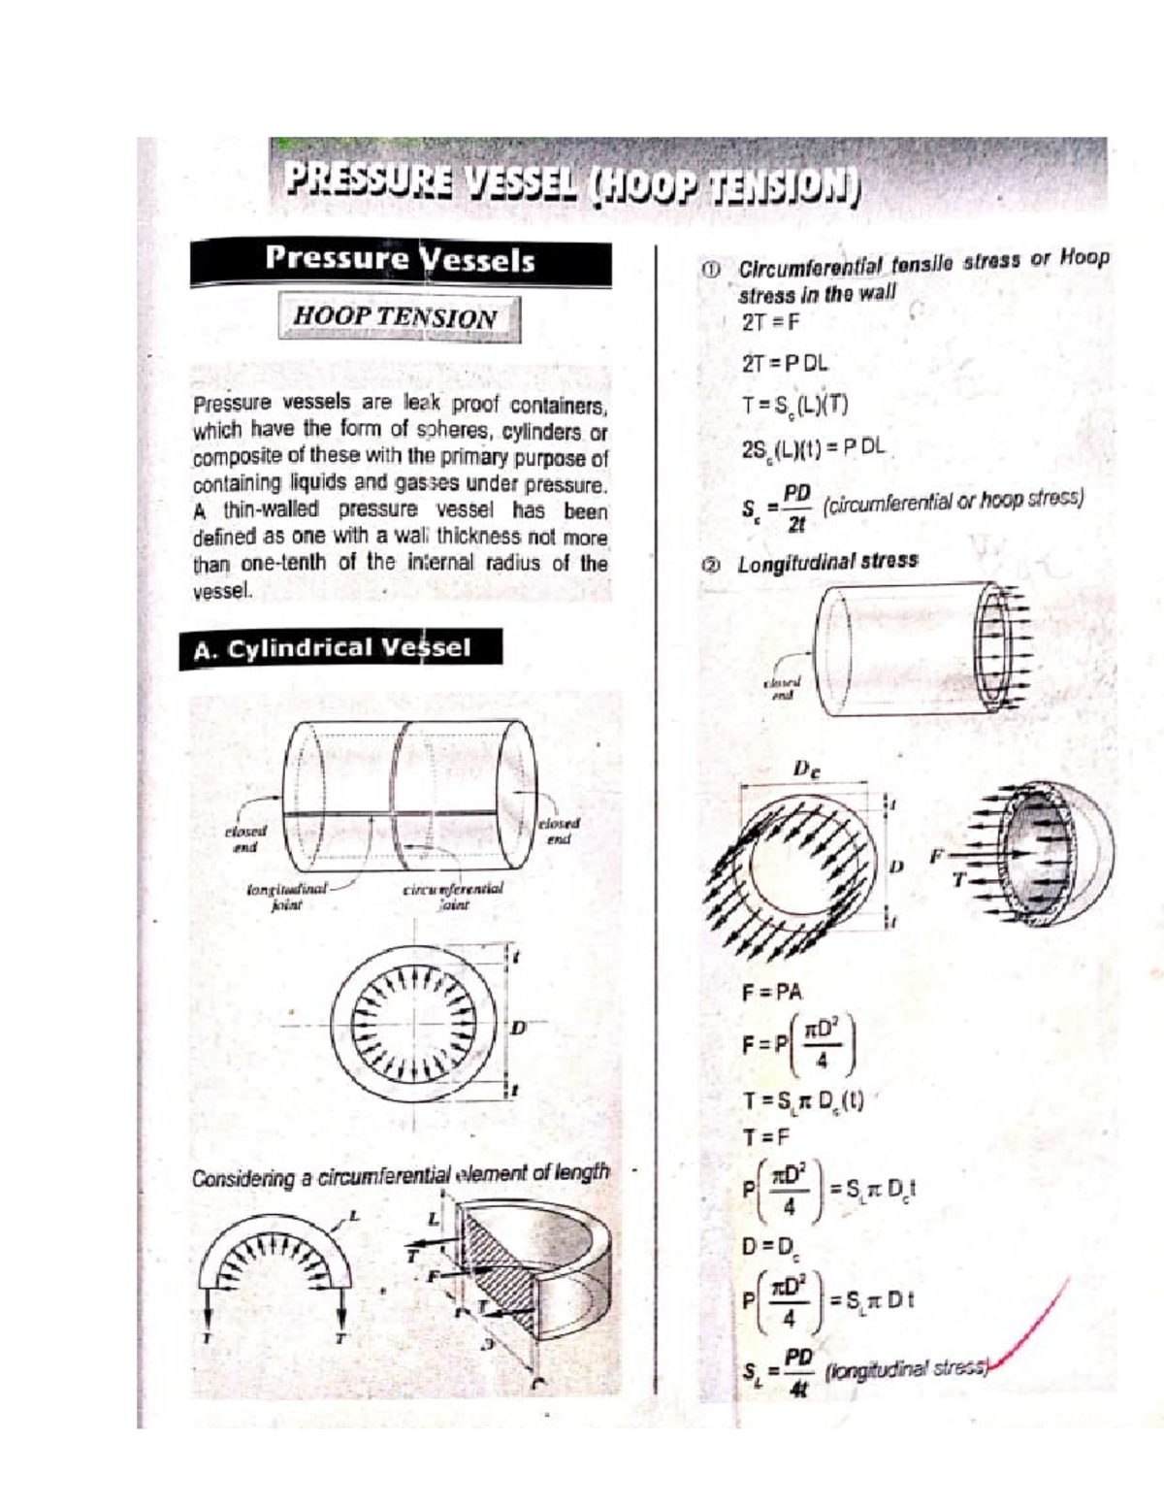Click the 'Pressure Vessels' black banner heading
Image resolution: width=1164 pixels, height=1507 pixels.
tap(400, 259)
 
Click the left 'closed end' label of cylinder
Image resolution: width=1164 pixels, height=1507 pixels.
tap(245, 838)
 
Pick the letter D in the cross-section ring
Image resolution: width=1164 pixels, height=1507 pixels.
tap(519, 1027)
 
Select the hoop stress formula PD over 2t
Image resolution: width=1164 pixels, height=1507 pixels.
tap(781, 508)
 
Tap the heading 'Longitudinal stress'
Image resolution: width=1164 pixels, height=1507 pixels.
tap(826, 563)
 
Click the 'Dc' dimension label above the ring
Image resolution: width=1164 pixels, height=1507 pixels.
tap(806, 770)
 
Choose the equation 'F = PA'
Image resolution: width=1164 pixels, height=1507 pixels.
tap(772, 992)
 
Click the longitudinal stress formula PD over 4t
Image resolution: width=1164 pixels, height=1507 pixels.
tap(781, 1372)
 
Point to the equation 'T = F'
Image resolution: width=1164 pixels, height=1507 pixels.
tap(766, 1136)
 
